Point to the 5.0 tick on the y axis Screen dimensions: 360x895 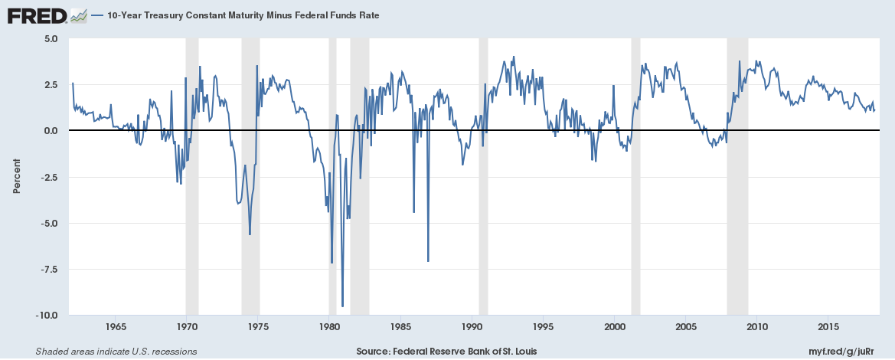click(51, 38)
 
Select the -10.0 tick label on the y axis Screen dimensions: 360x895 click(47, 315)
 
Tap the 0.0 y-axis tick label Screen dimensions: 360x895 click(51, 131)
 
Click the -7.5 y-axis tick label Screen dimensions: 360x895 click(49, 269)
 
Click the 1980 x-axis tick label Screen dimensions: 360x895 click(329, 327)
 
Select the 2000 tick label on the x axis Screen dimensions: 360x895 click(615, 327)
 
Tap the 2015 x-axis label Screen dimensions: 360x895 click(828, 327)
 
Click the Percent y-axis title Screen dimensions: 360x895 click(16, 176)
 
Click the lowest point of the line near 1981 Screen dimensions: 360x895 click(342, 306)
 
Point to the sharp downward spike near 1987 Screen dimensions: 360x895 click(428, 261)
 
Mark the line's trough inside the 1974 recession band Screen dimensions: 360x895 click(250, 234)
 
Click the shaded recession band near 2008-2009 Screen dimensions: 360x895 click(737, 176)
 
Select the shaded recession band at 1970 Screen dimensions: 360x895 click(192, 176)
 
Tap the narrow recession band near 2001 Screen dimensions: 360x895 click(635, 176)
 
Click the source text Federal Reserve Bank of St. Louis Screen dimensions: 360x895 click(446, 352)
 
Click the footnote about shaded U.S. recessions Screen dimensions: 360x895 click(116, 352)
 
